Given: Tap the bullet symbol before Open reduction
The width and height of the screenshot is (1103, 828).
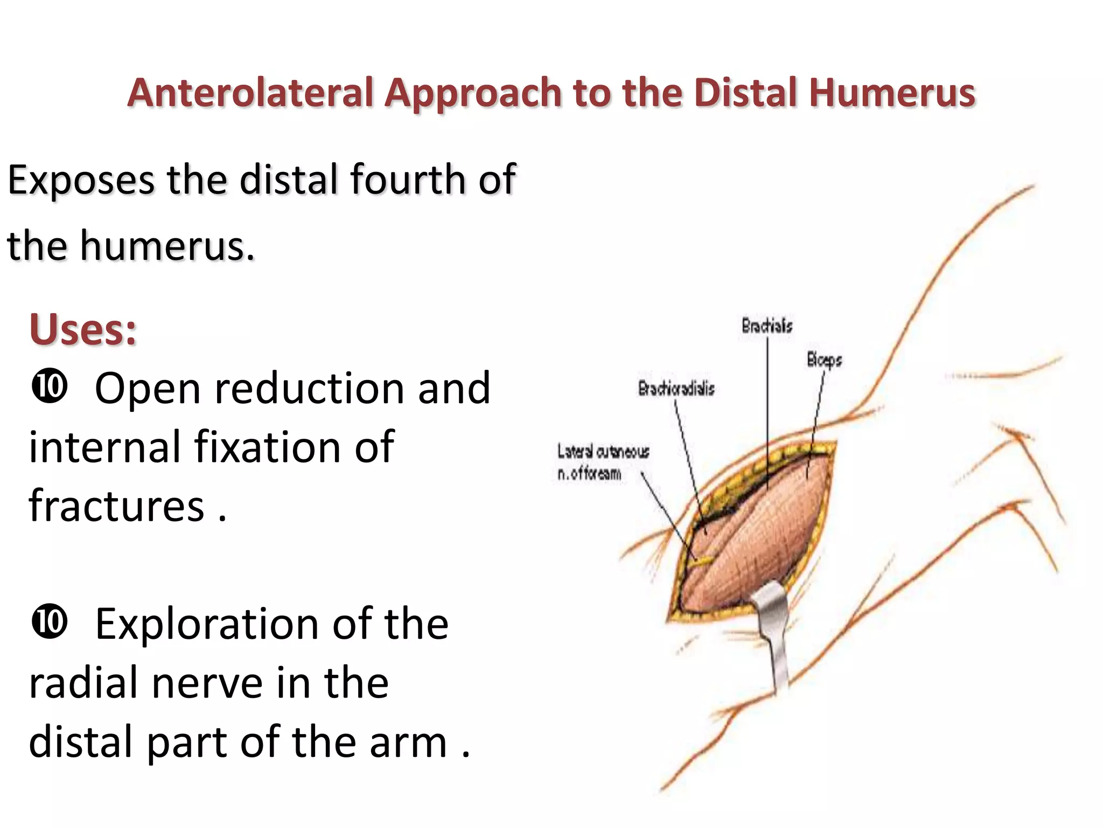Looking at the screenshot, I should tap(50, 387).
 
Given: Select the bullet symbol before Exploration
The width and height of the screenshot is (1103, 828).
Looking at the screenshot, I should tap(50, 622).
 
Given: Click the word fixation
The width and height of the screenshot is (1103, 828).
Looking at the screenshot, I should tap(267, 447).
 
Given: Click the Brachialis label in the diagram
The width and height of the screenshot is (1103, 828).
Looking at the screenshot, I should tap(767, 326).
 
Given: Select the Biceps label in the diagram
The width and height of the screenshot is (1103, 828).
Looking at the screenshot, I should tap(824, 360).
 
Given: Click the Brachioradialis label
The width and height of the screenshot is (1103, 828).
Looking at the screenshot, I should tap(676, 389).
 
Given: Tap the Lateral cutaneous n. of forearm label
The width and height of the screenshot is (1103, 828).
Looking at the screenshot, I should tap(603, 463).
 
